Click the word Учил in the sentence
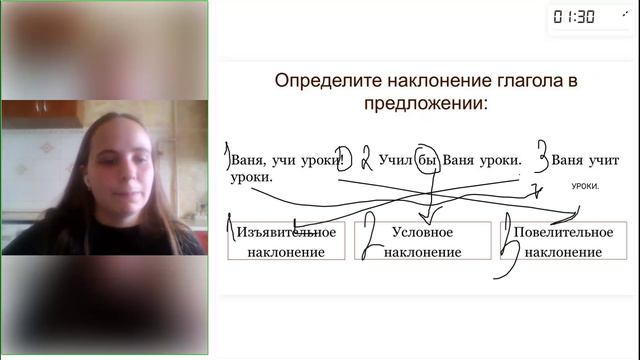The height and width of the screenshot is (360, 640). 396,159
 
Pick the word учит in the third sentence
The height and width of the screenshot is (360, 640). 603,159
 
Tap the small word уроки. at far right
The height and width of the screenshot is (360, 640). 586,186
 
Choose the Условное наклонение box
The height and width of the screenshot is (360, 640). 423,241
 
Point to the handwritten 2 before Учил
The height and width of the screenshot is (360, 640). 367,158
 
